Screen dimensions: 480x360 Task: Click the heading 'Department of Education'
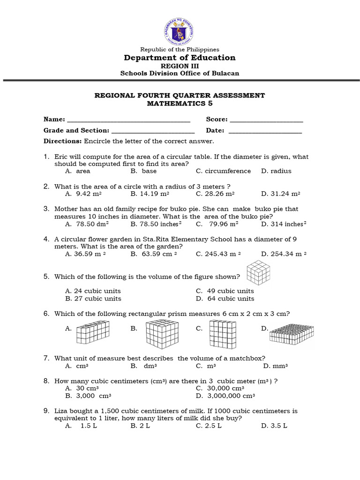pyautogui.click(x=180, y=58)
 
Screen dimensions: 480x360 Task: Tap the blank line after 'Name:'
pyautogui.click(x=128, y=120)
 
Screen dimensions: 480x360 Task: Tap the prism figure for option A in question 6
pyautogui.click(x=92, y=332)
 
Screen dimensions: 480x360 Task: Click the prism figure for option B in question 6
pyautogui.click(x=162, y=332)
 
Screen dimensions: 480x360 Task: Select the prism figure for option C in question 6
pyautogui.click(x=221, y=332)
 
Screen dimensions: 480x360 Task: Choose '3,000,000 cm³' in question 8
pyautogui.click(x=225, y=396)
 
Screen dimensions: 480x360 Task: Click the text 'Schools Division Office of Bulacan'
pyautogui.click(x=180, y=73)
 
